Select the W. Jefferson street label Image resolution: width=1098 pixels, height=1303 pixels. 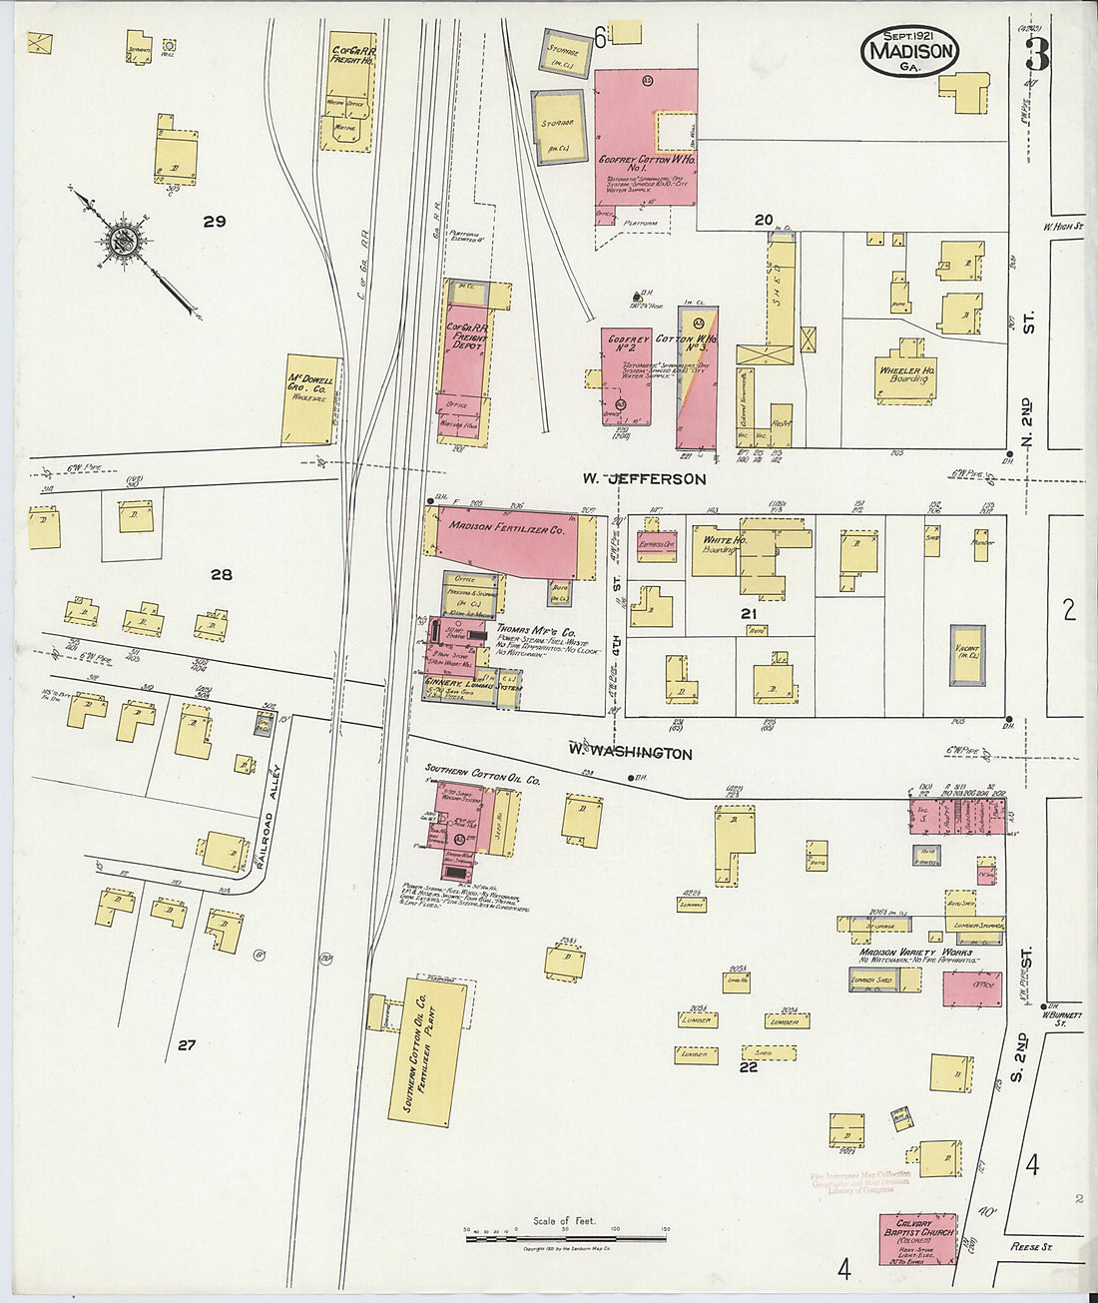(645, 479)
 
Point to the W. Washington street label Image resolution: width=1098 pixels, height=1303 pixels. (630, 752)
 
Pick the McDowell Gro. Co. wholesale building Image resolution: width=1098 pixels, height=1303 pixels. (310, 398)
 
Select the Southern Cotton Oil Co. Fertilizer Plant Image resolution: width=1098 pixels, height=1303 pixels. (428, 1051)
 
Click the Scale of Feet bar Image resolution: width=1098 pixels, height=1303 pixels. (565, 1238)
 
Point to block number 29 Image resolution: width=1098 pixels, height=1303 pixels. (215, 222)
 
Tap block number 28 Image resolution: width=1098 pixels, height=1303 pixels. (221, 574)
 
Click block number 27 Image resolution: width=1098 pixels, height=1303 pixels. (187, 1045)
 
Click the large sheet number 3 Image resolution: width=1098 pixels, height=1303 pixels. (1036, 53)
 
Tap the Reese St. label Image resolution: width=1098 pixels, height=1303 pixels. (1032, 1246)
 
